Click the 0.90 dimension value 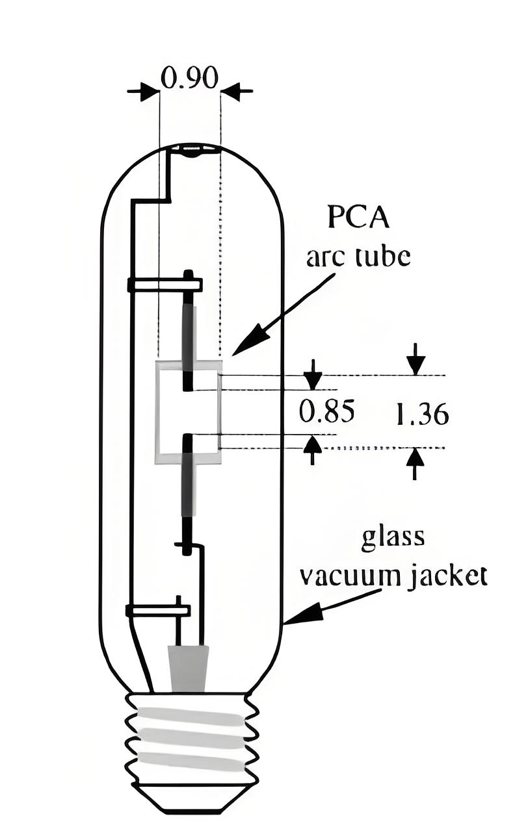coord(189,78)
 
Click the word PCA coord(358,218)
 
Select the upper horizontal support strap coord(165,285)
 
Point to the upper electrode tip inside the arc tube coord(188,389)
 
